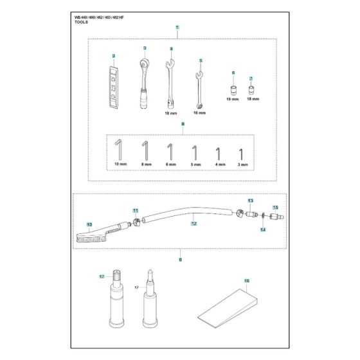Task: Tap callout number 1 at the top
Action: (177, 28)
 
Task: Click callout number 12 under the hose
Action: (192, 225)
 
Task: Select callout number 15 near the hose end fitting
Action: (274, 207)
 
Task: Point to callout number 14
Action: (262, 229)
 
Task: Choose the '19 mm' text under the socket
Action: (233, 100)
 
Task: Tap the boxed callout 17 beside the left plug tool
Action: (102, 276)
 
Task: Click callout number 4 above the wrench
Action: (171, 49)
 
